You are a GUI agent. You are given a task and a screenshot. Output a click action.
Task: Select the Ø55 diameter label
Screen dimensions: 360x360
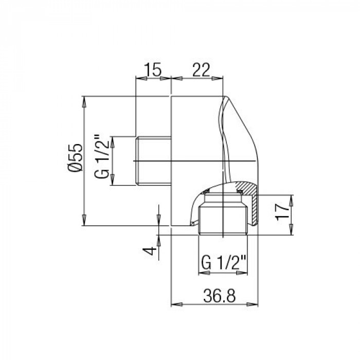pyautogui.click(x=75, y=158)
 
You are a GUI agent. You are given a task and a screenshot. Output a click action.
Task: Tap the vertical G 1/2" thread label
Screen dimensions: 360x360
pyautogui.click(x=101, y=156)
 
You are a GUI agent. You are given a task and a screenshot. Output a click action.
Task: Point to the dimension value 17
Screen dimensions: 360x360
pyautogui.click(x=282, y=212)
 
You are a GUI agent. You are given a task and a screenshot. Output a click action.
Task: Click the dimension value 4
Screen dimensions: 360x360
pyautogui.click(x=149, y=251)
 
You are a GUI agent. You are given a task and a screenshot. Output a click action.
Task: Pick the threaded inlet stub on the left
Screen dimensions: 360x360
pyautogui.click(x=153, y=160)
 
